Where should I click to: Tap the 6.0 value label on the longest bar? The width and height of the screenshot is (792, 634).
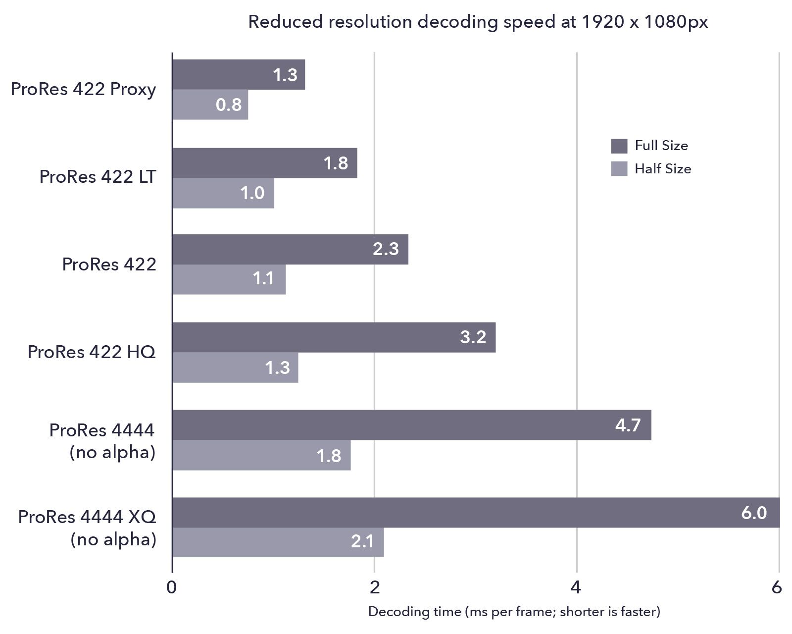[753, 513]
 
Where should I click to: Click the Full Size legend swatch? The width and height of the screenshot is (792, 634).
[619, 146]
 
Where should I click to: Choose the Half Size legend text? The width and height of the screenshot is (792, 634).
[662, 169]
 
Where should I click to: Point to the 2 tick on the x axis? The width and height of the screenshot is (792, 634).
[375, 587]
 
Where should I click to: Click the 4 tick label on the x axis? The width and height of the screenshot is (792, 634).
[575, 587]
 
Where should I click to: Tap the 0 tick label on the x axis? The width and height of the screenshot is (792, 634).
[172, 587]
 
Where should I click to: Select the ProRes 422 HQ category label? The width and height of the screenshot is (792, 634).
[92, 352]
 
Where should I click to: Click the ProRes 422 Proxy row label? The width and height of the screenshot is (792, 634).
[83, 89]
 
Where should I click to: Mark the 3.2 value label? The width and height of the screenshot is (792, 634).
[473, 337]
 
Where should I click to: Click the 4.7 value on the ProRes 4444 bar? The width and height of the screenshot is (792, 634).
[628, 425]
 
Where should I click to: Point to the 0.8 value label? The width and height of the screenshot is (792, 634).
[229, 105]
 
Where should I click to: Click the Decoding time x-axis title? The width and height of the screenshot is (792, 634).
[514, 612]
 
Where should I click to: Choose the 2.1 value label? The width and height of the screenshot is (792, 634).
[362, 541]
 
